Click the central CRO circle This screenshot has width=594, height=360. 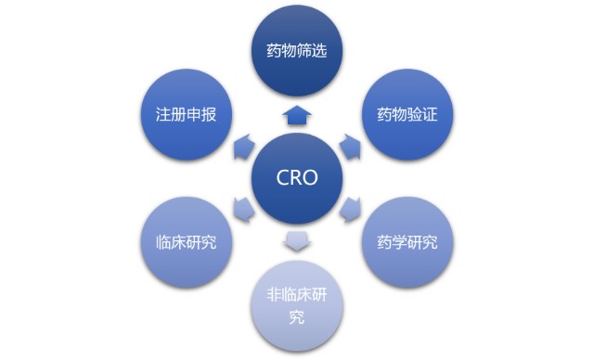point(297,177)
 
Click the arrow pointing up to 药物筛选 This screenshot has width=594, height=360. point(297,115)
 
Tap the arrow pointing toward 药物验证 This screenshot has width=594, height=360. point(350,145)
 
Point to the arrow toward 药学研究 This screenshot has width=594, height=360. point(351,209)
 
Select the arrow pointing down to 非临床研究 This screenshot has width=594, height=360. point(297,242)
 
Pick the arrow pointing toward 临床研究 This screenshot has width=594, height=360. point(243,210)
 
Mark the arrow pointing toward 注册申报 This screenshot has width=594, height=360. point(243,145)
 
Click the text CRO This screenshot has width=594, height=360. point(297,177)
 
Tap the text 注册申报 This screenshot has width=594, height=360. point(187,115)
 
